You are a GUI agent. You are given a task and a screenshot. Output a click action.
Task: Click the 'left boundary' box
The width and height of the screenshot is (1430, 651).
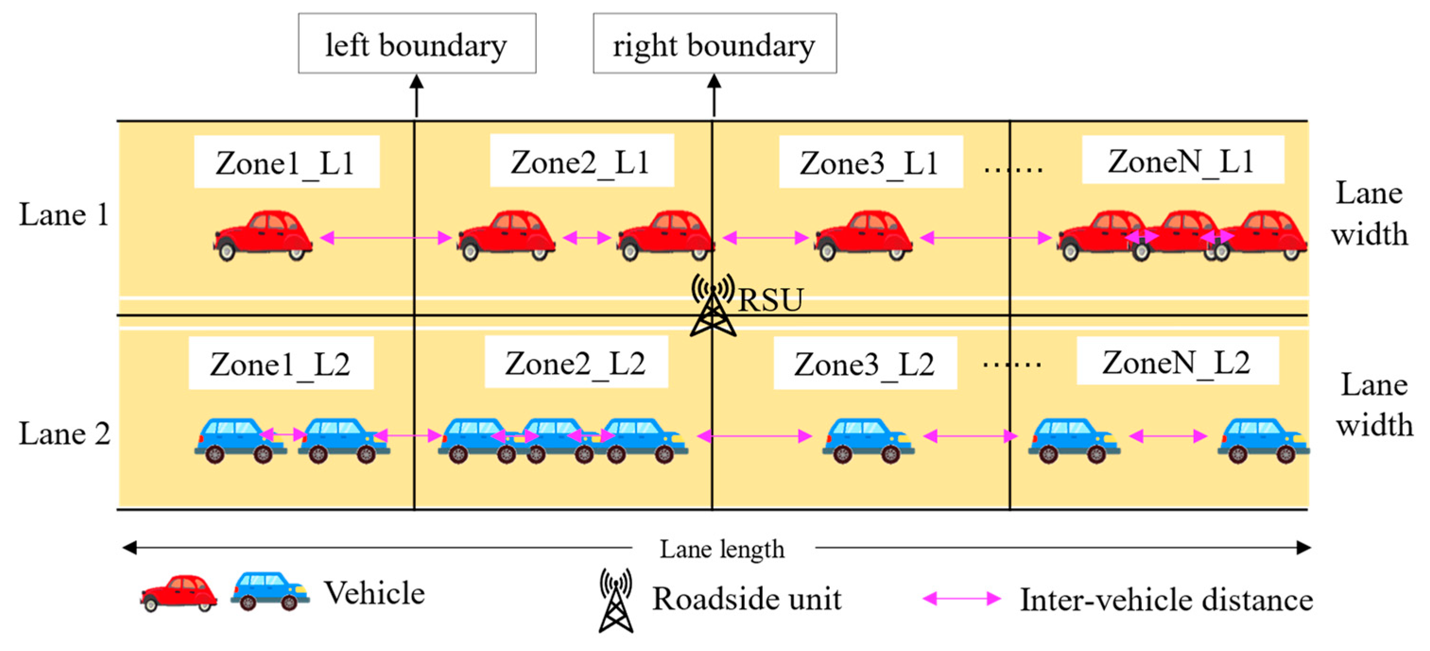click(417, 44)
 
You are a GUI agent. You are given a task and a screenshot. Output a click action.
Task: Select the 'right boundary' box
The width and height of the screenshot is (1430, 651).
click(715, 44)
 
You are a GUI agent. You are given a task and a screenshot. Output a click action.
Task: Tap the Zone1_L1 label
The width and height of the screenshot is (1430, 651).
click(286, 162)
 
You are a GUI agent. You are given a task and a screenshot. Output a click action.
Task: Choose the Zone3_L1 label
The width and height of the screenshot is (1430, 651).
click(870, 162)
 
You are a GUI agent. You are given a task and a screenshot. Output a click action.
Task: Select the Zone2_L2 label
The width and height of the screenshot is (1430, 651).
click(576, 363)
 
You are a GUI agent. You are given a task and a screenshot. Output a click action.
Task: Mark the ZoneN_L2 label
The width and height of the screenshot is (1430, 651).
click(1178, 362)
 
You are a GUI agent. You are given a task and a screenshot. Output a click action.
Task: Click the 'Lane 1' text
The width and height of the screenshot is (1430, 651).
click(64, 214)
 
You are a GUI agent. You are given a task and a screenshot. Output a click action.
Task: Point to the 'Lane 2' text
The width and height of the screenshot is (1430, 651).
click(64, 433)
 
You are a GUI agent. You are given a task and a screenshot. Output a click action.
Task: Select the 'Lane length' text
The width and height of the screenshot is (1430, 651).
click(722, 549)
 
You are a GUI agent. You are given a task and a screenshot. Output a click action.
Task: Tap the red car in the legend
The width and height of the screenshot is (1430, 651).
click(179, 593)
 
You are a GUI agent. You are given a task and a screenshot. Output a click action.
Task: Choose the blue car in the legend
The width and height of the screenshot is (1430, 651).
click(270, 591)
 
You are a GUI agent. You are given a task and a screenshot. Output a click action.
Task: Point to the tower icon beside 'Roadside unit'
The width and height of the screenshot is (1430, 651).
click(616, 600)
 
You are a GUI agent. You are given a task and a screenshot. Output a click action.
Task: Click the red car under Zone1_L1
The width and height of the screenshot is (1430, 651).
click(263, 235)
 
